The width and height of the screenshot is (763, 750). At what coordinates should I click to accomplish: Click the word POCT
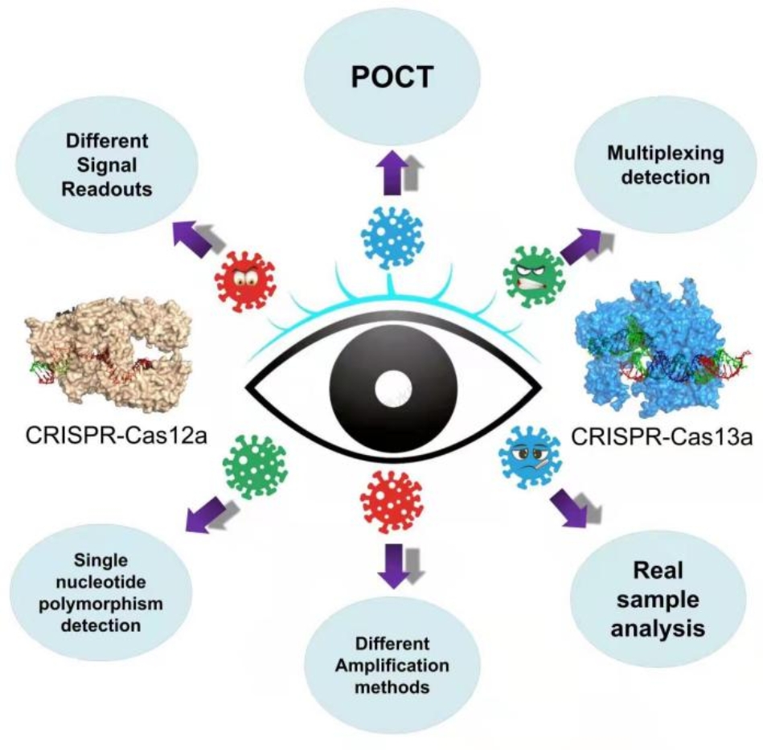coord(392,78)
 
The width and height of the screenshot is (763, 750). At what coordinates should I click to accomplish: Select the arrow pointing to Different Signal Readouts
coord(193,236)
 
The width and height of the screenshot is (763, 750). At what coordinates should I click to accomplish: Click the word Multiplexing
coord(654,154)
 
